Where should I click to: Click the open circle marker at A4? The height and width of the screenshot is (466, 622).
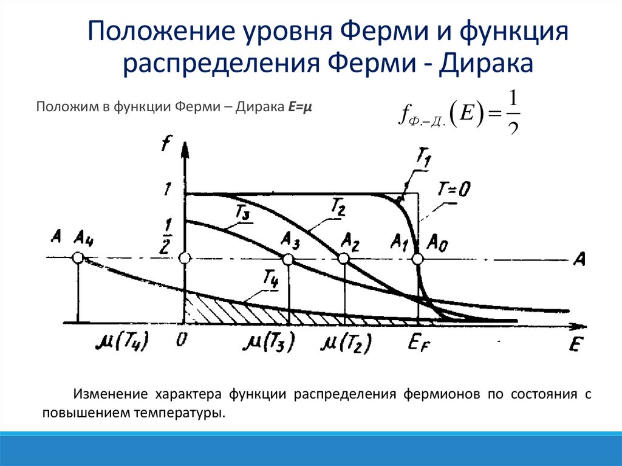78,258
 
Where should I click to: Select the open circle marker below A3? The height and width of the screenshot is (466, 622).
289,259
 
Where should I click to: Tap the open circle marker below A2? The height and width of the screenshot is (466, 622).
344,259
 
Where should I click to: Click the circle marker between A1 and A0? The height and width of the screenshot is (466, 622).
417,259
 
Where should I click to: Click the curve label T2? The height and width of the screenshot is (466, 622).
338,208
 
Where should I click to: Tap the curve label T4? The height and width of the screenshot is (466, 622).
271,280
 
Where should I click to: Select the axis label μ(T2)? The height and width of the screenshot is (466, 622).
347,344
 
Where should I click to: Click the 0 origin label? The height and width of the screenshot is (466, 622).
180,341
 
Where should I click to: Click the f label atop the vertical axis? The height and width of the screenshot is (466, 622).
165,145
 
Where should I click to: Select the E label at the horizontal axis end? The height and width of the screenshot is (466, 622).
575,344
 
